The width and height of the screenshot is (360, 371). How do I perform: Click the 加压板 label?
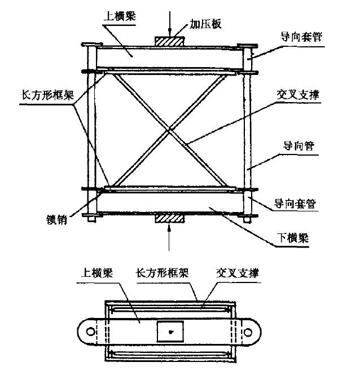205,24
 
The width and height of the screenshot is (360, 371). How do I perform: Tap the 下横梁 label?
293,237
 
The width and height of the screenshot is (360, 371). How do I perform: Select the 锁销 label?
57,219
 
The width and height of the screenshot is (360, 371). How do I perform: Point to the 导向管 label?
299,145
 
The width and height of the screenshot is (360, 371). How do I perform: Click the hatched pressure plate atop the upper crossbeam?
169,41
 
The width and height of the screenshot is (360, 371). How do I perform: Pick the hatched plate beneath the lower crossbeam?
169,218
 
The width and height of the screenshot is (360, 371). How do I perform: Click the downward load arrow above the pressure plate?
170,24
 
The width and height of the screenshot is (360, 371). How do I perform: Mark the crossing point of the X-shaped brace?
169,130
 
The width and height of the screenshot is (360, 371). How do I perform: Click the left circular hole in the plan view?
90,332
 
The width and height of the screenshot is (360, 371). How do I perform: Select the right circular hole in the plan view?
248,332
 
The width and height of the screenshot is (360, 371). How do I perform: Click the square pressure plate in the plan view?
170,332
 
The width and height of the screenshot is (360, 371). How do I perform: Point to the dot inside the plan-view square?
170,332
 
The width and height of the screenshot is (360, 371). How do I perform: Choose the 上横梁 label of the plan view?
97,272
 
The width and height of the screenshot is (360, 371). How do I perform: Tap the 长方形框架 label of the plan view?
163,272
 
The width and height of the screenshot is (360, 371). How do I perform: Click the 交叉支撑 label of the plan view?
238,273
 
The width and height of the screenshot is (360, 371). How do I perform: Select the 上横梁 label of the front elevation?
120,16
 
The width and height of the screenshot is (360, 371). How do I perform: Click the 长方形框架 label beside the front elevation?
48,95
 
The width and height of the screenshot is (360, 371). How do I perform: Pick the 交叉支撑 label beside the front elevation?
298,95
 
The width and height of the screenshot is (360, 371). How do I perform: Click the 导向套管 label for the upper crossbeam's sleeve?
301,37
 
